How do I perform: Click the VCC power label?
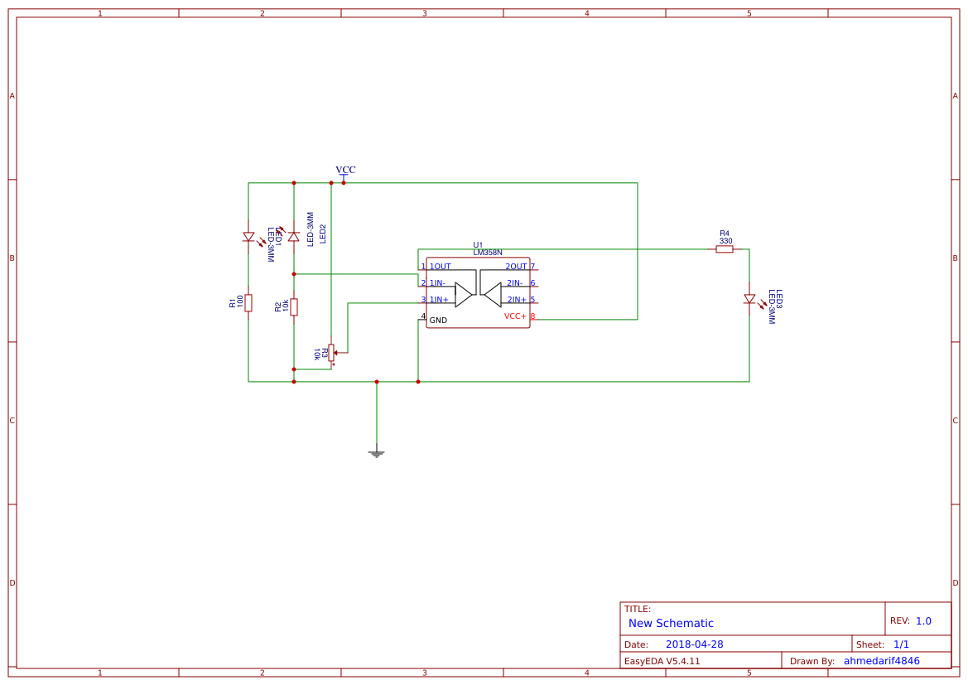pos(345,170)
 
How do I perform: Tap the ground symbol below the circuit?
pos(377,453)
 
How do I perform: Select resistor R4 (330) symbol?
pos(725,248)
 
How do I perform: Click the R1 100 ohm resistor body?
pos(248,302)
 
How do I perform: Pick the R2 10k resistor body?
pos(294,307)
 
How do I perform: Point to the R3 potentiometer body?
pos(331,353)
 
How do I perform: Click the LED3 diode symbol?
pos(749,299)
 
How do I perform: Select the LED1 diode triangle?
pos(248,237)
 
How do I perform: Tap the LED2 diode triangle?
pos(294,236)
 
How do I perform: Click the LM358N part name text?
pos(488,252)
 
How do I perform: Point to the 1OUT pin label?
pos(441,267)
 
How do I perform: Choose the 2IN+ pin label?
pos(517,300)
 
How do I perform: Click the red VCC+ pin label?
pos(515,316)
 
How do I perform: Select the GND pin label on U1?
pos(438,321)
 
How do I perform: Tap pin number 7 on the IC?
pos(532,267)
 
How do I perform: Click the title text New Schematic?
pos(671,624)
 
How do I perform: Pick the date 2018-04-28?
pos(694,644)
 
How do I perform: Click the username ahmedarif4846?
pos(881,661)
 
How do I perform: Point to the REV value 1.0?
pos(923,620)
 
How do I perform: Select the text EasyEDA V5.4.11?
pos(662,661)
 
